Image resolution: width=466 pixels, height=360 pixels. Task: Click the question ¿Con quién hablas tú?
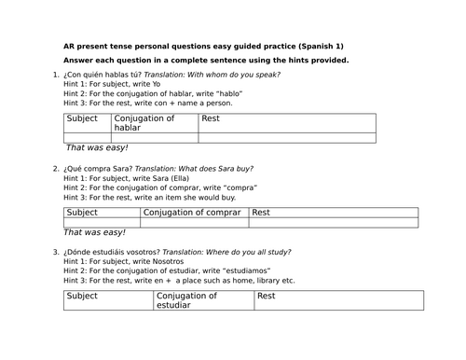pyautogui.click(x=98, y=75)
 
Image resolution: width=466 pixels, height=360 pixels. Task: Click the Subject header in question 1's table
pyautogui.click(x=83, y=119)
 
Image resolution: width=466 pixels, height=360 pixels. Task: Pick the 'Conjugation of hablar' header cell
pyautogui.click(x=144, y=123)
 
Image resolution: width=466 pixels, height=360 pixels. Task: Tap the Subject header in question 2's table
pyautogui.click(x=83, y=213)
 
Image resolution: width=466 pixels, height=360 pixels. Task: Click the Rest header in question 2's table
pyautogui.click(x=263, y=213)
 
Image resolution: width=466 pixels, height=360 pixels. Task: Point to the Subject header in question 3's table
pyautogui.click(x=83, y=296)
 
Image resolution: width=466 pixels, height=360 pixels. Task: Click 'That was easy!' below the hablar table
pyautogui.click(x=97, y=148)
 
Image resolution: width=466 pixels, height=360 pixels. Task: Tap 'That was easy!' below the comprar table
pyautogui.click(x=97, y=232)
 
